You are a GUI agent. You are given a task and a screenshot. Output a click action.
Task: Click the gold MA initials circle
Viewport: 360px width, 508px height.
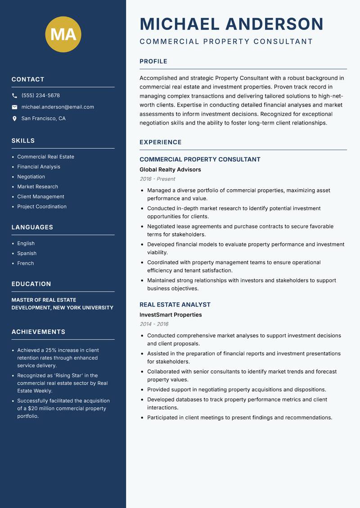pyautogui.click(x=63, y=34)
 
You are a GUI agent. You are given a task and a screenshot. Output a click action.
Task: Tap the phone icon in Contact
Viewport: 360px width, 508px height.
pyautogui.click(x=14, y=96)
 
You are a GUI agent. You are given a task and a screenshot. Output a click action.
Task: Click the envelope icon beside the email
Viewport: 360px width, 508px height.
pyautogui.click(x=14, y=107)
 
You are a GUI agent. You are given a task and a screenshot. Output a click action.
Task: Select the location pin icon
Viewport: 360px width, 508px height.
pyautogui.click(x=14, y=119)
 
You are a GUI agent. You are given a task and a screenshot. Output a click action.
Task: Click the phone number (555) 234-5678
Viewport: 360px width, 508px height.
pyautogui.click(x=40, y=96)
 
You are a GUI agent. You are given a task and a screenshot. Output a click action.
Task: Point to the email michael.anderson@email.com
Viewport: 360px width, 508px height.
pyautogui.click(x=58, y=107)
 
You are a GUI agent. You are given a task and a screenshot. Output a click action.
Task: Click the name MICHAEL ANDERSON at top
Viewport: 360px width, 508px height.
pyautogui.click(x=232, y=24)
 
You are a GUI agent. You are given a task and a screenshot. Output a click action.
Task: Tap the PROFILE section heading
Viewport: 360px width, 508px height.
pyautogui.click(x=153, y=62)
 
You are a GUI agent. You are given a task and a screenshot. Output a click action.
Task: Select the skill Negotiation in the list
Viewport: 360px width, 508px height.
pyautogui.click(x=31, y=177)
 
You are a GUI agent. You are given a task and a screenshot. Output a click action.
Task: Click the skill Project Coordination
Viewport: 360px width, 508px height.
pyautogui.click(x=42, y=207)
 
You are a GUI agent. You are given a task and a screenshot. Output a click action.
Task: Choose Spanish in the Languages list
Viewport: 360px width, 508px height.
pyautogui.click(x=27, y=254)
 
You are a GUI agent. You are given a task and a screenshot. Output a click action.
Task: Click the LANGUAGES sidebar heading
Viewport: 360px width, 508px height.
pyautogui.click(x=32, y=227)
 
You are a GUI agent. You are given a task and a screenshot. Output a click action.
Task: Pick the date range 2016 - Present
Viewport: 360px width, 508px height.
pyautogui.click(x=157, y=179)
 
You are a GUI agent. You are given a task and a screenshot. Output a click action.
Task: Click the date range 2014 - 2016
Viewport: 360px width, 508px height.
pyautogui.click(x=154, y=324)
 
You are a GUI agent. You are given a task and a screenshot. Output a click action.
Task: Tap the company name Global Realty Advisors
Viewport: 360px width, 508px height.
pyautogui.click(x=170, y=170)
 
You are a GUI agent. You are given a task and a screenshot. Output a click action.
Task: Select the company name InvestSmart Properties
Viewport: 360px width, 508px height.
pyautogui.click(x=171, y=315)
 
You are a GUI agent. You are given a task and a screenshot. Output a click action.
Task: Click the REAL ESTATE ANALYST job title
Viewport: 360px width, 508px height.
pyautogui.click(x=175, y=305)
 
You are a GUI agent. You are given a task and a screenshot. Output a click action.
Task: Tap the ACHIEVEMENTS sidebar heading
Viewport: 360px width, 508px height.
pyautogui.click(x=38, y=332)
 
